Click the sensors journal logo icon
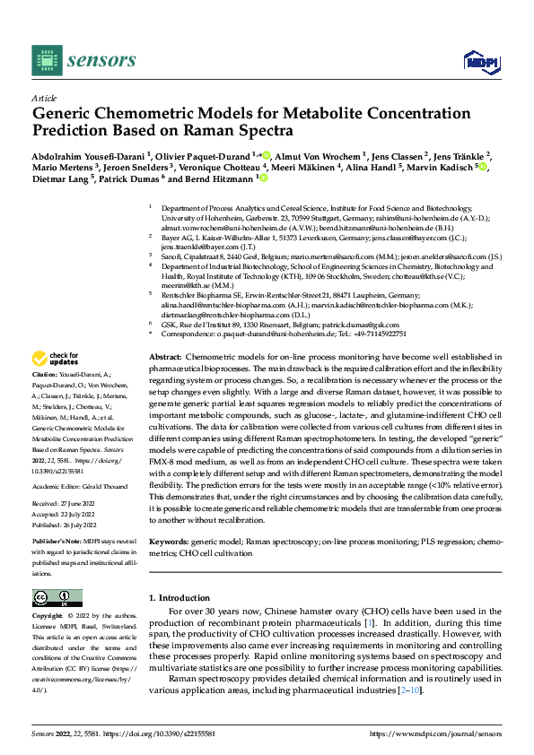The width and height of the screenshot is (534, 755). pyautogui.click(x=45, y=59)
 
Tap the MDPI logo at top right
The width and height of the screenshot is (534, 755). pyautogui.click(x=480, y=61)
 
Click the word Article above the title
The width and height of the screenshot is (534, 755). pyautogui.click(x=43, y=98)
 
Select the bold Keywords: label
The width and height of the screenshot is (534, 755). pyautogui.click(x=169, y=542)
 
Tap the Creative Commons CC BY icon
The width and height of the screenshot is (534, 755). pyautogui.click(x=57, y=597)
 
